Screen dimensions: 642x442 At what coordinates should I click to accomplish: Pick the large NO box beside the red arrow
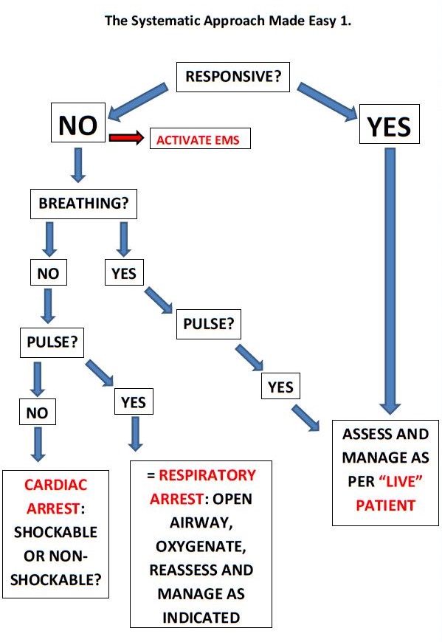pyautogui.click(x=78, y=125)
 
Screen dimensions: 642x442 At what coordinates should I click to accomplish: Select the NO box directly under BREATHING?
pyautogui.click(x=48, y=273)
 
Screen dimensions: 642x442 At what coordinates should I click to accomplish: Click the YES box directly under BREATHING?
pyautogui.click(x=124, y=273)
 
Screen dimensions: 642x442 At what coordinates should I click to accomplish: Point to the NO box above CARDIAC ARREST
pyautogui.click(x=37, y=413)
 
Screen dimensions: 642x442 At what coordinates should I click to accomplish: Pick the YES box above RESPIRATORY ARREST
pyautogui.click(x=133, y=402)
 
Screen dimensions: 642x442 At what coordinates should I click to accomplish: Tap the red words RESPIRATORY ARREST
pyautogui.click(x=203, y=488)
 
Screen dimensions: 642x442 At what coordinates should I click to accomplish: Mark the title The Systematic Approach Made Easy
pyautogui.click(x=221, y=21)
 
